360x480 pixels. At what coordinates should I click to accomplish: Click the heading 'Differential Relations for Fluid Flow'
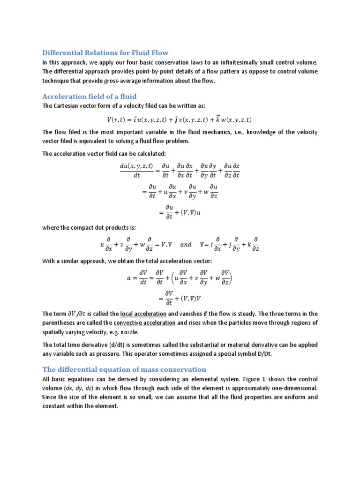(105, 52)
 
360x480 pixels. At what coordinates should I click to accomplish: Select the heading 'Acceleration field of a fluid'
(89, 96)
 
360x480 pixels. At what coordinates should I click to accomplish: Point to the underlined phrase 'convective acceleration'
(144, 323)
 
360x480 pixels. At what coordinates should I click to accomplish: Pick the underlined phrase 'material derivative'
(253, 345)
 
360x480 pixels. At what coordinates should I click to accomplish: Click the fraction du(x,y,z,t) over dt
(136, 171)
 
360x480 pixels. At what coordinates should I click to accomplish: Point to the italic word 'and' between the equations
(186, 244)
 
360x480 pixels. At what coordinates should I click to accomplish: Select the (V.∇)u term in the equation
(193, 212)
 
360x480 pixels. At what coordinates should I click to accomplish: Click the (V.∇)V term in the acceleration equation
(193, 298)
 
